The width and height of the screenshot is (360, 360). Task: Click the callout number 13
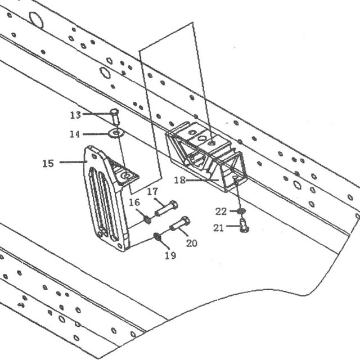75,115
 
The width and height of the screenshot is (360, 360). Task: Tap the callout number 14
75,134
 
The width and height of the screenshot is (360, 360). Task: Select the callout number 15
48,164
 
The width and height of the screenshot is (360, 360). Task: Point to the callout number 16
134,202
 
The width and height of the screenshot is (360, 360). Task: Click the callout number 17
152,191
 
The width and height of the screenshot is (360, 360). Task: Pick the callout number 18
179,180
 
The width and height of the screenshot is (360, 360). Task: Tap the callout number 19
170,255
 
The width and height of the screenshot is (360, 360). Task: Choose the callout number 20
191,243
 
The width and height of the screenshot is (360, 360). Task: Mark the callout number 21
218,228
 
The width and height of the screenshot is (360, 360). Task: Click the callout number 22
221,211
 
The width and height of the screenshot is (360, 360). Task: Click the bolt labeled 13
115,116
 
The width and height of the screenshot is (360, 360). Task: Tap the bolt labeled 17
166,209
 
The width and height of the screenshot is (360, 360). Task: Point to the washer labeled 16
148,220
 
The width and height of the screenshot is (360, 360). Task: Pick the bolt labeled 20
180,223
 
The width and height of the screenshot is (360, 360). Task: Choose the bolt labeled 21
244,226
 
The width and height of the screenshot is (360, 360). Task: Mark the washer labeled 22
241,210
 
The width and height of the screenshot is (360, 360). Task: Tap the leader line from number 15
73,162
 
